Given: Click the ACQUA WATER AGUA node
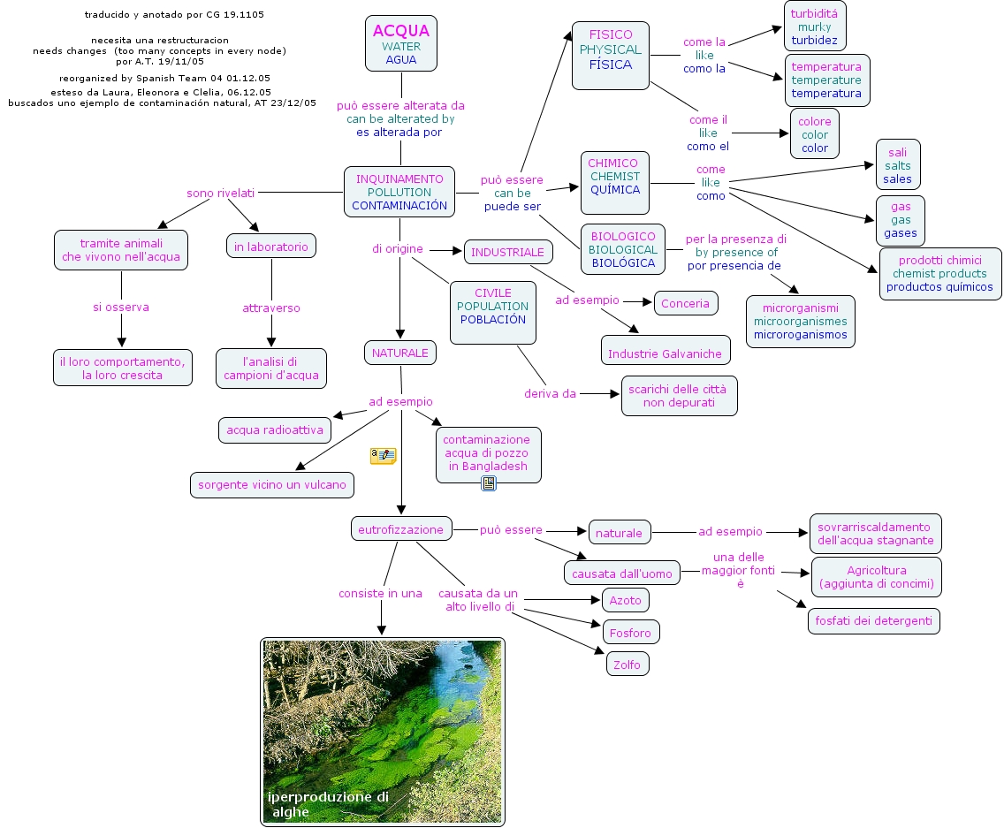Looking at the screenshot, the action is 401,43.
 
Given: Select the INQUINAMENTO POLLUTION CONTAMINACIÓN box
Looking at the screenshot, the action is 399,192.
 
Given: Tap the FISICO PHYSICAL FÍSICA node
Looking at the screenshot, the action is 611,56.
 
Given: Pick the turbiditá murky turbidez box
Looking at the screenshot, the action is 815,27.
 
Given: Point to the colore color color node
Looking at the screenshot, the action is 815,133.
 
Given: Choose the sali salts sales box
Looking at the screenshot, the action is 898,164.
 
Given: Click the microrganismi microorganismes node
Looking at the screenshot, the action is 801,322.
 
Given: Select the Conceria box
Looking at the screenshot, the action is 686,303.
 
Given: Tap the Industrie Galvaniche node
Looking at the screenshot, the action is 666,350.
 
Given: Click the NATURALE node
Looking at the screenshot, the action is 400,353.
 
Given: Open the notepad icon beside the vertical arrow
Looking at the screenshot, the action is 383,456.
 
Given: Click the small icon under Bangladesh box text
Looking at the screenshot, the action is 489,483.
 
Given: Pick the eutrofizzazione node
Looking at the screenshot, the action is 401,529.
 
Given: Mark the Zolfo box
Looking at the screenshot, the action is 627,664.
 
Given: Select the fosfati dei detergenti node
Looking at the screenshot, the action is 874,621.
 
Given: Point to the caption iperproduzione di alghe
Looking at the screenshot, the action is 328,804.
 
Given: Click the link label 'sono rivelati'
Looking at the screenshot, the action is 220,193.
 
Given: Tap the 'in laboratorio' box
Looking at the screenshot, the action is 270,246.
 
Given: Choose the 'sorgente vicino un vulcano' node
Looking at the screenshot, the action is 272,485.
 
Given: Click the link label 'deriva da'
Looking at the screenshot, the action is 550,394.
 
